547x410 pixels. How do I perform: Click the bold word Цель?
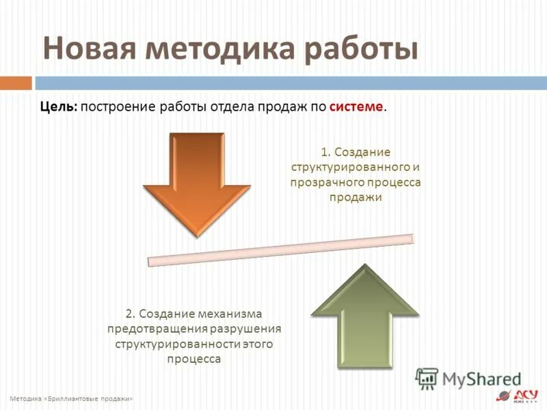[58, 107]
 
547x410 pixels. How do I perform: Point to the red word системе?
[356, 107]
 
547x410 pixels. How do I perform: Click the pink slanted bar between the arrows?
[281, 250]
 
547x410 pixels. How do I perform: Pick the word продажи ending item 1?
[355, 197]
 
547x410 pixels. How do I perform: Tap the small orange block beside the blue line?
[16, 83]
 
